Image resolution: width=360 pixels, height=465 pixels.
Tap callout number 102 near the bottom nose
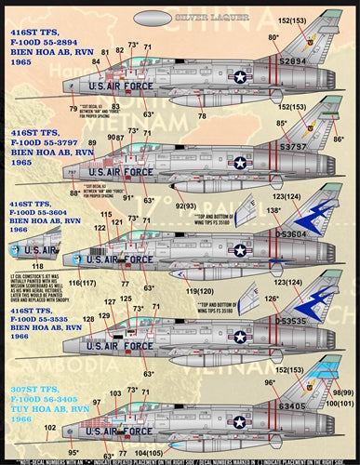pyautogui.click(x=49, y=427)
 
